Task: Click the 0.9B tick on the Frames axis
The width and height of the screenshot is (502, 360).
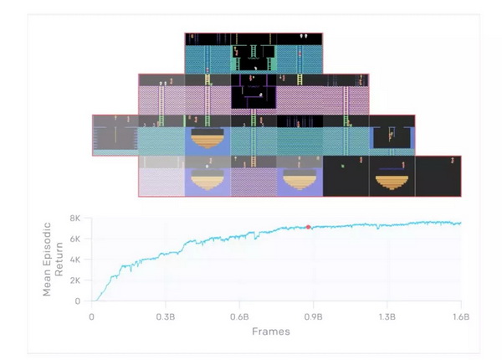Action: pos(313,317)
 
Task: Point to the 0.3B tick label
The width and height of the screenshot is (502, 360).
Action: pos(166,317)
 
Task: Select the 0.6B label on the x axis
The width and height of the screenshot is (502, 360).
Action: pos(239,317)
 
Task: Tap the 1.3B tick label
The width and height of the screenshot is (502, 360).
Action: pos(387,317)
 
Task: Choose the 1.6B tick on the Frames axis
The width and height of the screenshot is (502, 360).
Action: pos(461,317)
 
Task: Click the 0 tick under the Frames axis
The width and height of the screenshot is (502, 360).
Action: pos(91,317)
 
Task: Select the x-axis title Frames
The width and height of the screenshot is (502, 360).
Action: pos(270,332)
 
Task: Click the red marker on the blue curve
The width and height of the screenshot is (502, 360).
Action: pos(308,227)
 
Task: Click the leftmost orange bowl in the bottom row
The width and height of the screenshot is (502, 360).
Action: pos(207,180)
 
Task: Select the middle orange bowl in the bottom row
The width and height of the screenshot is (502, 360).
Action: pos(300,180)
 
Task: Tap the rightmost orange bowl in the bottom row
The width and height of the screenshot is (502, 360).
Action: pos(392,180)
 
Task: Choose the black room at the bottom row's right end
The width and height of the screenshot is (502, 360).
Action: pos(438,177)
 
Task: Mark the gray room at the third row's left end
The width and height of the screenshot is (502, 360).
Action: pos(115,136)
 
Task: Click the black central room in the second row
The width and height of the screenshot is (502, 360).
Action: pos(254,93)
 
